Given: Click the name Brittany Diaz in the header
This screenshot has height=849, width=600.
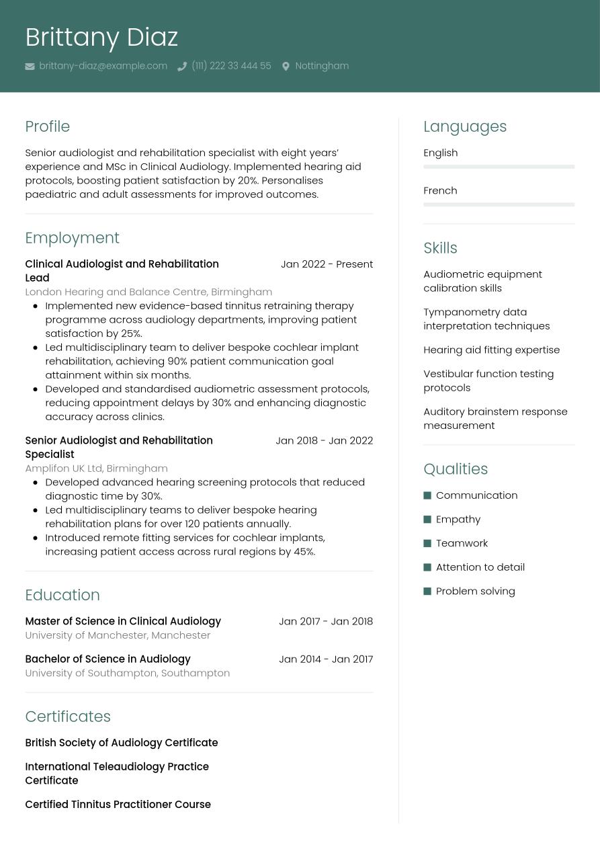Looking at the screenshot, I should (101, 38).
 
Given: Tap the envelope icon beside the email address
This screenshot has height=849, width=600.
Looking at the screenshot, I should (30, 67).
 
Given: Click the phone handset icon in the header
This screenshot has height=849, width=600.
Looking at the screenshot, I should (181, 67).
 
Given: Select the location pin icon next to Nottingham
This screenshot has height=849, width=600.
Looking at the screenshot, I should (286, 67).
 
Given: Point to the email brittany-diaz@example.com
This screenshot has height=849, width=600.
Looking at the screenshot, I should (103, 66).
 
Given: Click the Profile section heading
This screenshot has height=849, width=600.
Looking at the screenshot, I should (47, 126).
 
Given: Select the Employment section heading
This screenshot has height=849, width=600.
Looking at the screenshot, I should (72, 238).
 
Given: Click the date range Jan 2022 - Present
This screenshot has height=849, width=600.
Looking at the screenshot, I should (327, 264).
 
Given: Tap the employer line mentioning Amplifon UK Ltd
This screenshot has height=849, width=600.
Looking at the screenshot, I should (96, 469).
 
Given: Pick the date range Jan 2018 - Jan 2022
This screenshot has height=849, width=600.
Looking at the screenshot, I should (324, 441).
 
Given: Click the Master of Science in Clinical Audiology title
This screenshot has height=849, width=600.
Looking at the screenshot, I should (123, 621).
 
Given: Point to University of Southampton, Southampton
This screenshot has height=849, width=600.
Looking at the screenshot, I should (127, 673).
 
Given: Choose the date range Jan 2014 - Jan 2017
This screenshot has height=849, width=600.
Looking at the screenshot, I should (326, 659).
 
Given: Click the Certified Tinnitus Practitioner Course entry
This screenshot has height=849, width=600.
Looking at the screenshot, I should (118, 805).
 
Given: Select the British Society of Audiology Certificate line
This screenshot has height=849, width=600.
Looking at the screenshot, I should (121, 743).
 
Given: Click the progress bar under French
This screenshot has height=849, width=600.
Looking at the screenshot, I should (499, 204).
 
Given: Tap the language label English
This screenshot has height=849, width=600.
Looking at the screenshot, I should (440, 153).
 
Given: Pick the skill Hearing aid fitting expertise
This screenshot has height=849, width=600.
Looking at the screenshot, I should (491, 350).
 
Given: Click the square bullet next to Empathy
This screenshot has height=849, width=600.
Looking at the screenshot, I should (427, 520).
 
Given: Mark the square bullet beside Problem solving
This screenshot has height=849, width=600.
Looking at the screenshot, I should (427, 592).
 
